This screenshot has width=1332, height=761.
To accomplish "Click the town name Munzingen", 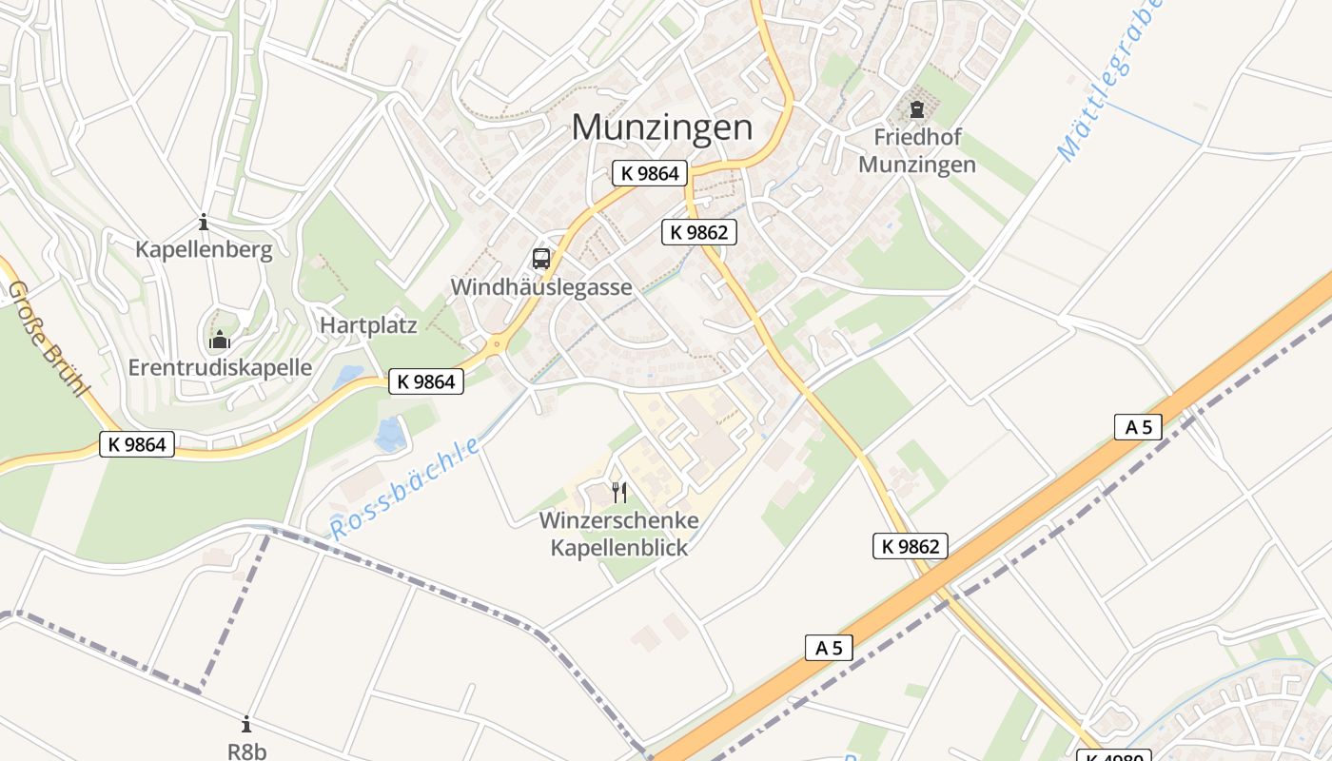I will pyautogui.click(x=662, y=128).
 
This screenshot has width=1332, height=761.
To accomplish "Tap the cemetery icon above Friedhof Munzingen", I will pyautogui.click(x=917, y=109).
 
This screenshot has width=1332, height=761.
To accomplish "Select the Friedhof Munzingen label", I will pyautogui.click(x=917, y=150).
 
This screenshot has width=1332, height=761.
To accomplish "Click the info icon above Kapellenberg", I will pyautogui.click(x=203, y=223).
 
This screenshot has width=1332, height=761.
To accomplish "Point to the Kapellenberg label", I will pyautogui.click(x=204, y=250).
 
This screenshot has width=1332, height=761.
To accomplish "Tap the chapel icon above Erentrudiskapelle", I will pyautogui.click(x=220, y=339).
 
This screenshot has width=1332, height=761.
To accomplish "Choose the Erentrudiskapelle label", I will pyautogui.click(x=220, y=367).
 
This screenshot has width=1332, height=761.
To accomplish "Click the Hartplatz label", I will pyautogui.click(x=368, y=325).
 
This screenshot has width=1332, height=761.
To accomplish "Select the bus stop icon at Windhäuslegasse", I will pyautogui.click(x=540, y=258).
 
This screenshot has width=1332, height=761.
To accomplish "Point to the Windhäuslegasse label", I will pyautogui.click(x=540, y=287).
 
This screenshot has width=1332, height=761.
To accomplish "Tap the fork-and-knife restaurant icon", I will pyautogui.click(x=619, y=492).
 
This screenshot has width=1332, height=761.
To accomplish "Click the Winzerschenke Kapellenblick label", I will pyautogui.click(x=619, y=534).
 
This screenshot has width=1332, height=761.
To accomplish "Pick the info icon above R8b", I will pyautogui.click(x=246, y=724).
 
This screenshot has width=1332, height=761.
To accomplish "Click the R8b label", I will pyautogui.click(x=246, y=751).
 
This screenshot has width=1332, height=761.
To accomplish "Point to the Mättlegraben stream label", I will pyautogui.click(x=1109, y=81).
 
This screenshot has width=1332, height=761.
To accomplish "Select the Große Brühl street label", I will pyautogui.click(x=48, y=339).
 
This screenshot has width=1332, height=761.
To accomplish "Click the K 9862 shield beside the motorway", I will pyautogui.click(x=911, y=546).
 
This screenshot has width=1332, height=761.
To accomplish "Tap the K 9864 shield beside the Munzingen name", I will pyautogui.click(x=650, y=173).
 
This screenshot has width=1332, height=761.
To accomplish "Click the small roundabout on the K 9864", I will pyautogui.click(x=496, y=344).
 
